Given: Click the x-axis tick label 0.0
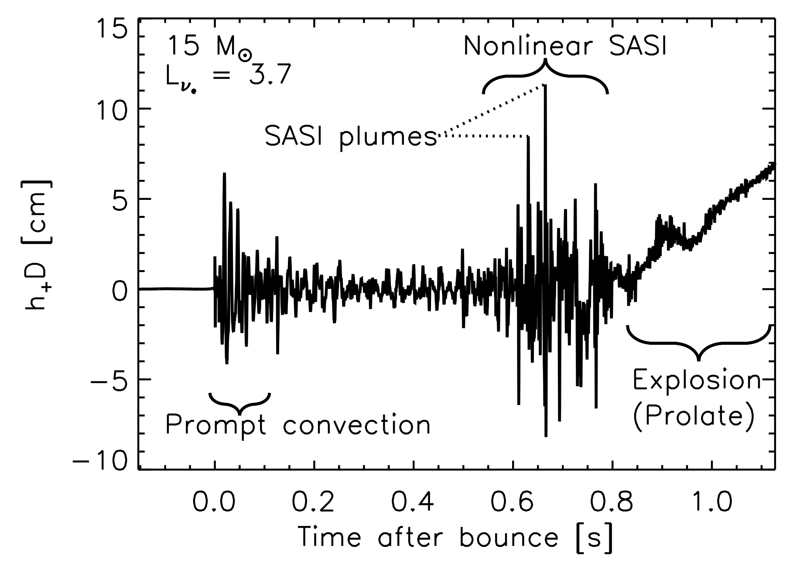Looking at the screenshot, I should [x=214, y=502].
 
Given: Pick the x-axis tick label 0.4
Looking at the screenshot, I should [x=413, y=502].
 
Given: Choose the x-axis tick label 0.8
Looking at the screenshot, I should [x=612, y=502].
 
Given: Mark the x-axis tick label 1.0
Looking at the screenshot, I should [x=711, y=502].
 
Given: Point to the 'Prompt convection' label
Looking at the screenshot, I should [x=298, y=424].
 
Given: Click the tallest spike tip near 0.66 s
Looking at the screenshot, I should [x=544, y=86].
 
